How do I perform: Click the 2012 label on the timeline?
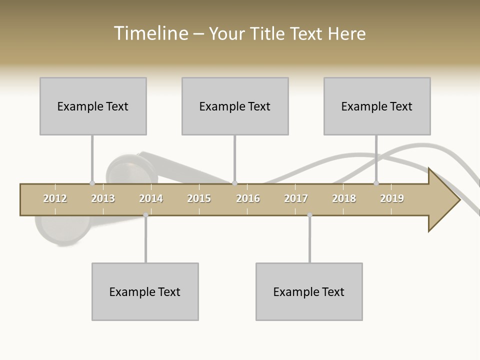point(55,198)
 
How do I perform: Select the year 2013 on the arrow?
point(103,198)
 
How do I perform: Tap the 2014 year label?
point(151,198)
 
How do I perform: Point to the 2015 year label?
point(199,198)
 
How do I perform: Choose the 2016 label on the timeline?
point(248,198)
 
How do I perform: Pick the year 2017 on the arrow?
point(296,198)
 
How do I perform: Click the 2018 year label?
point(344,198)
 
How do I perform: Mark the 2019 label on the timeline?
point(392,198)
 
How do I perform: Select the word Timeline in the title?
point(150,33)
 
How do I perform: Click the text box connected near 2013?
point(93,106)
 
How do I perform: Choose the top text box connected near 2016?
point(235,106)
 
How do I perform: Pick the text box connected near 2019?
point(377,106)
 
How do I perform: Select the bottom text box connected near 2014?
point(145,291)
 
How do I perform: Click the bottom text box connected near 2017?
point(309,291)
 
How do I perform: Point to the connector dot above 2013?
point(92,183)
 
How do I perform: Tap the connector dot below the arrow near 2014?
point(145,215)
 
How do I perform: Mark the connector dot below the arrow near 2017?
point(309,215)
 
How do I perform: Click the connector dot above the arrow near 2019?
point(376,183)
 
